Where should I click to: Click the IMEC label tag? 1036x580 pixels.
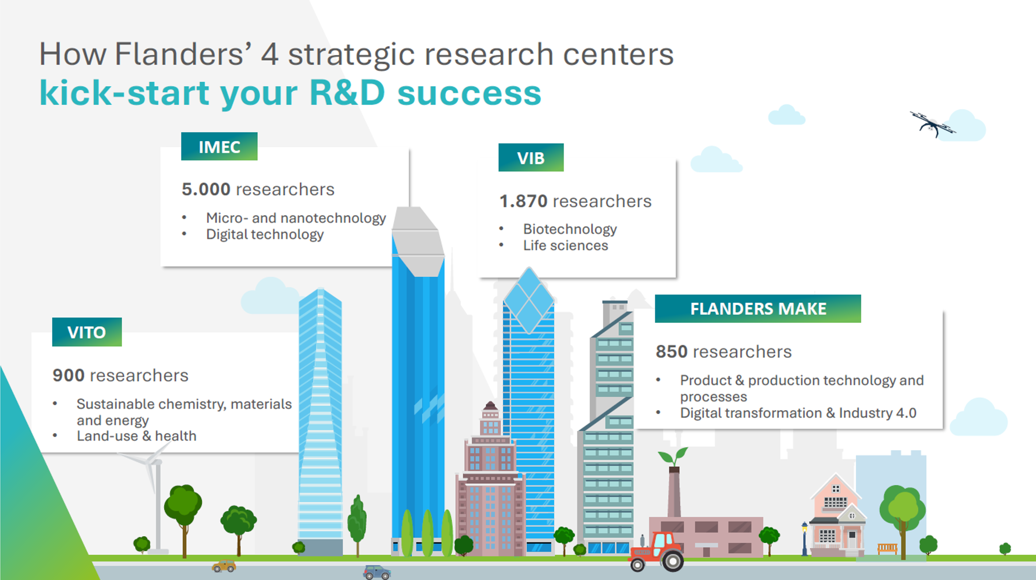(219, 146)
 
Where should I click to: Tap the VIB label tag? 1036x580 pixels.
(531, 157)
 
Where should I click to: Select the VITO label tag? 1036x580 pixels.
(87, 332)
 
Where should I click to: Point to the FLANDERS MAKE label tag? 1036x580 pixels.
(758, 308)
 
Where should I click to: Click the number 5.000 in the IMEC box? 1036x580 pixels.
(206, 189)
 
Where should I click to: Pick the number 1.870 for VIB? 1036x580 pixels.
(524, 201)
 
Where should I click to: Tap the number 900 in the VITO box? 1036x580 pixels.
(68, 376)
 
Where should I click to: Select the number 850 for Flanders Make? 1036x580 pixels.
(671, 352)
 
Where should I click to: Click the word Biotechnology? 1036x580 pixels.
(570, 229)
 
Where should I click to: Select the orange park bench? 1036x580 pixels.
(887, 549)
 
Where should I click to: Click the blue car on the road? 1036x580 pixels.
(377, 572)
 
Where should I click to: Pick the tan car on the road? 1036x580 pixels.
(224, 566)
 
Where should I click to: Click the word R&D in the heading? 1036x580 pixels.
(347, 93)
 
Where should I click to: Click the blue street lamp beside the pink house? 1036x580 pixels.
(805, 538)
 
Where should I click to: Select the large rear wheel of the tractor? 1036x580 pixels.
(672, 561)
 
